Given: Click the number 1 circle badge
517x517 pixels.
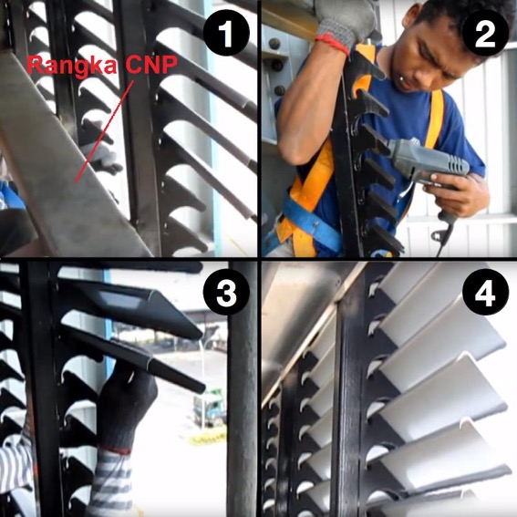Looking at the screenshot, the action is click(x=226, y=33).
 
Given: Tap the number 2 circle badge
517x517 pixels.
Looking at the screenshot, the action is click(x=485, y=33).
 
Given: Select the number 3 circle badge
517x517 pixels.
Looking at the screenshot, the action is click(x=226, y=292).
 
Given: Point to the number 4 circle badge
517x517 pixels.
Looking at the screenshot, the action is click(x=485, y=292).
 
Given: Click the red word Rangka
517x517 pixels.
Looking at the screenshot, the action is click(x=72, y=66).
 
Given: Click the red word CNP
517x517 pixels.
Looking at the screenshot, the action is click(x=151, y=64).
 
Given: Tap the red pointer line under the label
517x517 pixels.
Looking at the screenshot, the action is click(x=104, y=131).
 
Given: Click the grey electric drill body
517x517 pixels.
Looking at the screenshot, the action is click(x=429, y=160).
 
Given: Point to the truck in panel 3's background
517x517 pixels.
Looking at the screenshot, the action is click(x=210, y=408).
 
